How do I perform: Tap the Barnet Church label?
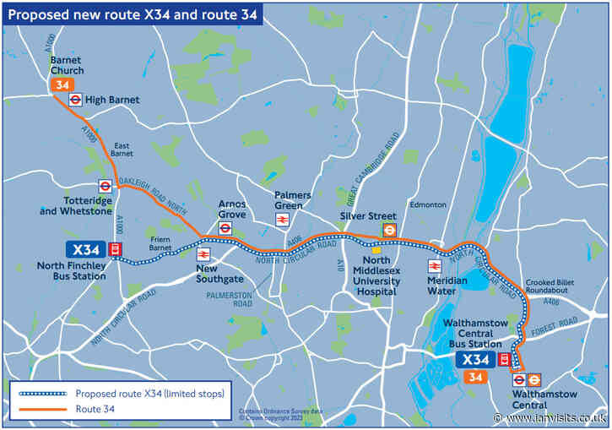67,65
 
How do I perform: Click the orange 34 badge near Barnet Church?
62,85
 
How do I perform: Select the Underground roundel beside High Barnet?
76,99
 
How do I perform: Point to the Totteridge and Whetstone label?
74,206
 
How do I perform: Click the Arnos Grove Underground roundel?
225,228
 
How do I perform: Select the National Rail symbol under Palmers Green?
282,220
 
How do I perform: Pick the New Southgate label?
220,274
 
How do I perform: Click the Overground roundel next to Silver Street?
389,229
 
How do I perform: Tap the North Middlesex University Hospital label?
376,275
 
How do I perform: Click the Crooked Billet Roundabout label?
554,287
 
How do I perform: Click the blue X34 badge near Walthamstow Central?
475,359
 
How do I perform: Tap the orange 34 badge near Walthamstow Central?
474,377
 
